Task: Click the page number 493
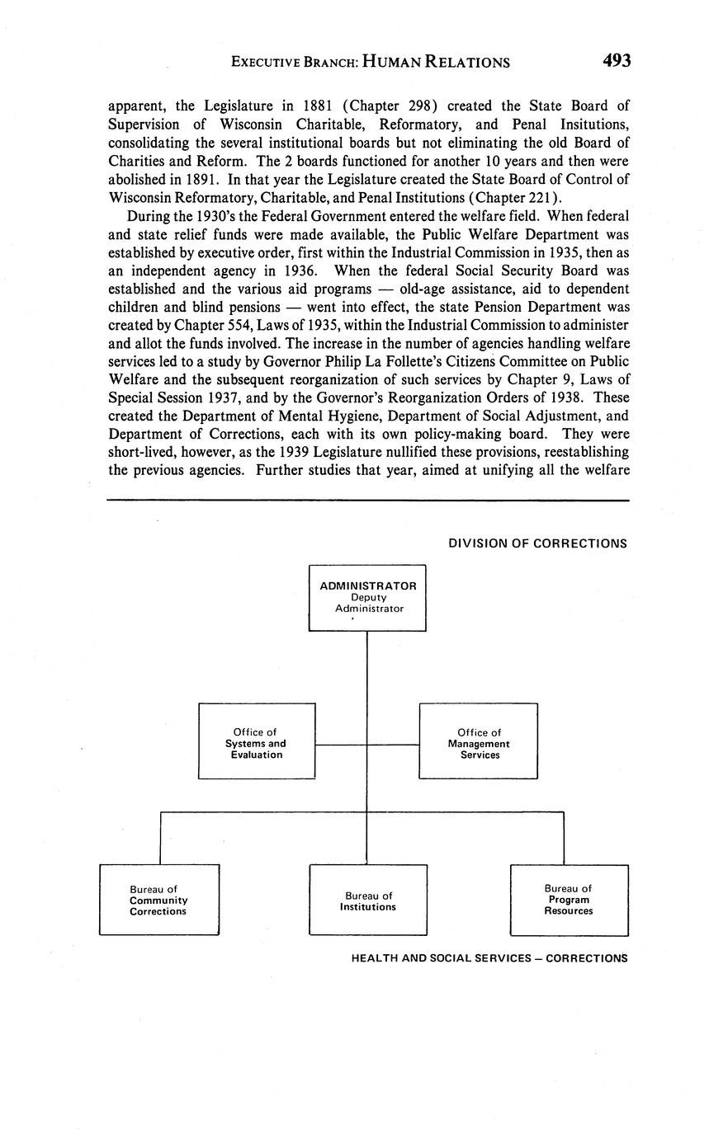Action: point(617,61)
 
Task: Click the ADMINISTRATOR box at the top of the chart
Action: point(367,597)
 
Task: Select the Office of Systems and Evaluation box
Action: point(257,741)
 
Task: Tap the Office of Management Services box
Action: point(479,741)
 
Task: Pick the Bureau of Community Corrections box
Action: point(159,899)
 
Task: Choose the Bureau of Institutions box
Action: point(368,900)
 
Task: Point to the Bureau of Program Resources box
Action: point(569,899)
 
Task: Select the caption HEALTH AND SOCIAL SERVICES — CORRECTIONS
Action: point(489,958)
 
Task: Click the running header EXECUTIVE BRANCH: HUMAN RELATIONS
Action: point(370,62)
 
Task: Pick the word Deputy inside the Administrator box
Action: point(368,597)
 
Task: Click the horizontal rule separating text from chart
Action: point(368,500)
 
